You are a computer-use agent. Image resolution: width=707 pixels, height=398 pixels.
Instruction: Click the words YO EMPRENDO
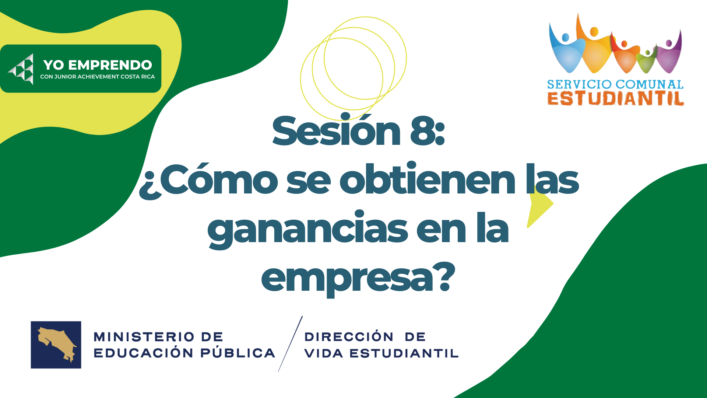pyautogui.click(x=98, y=65)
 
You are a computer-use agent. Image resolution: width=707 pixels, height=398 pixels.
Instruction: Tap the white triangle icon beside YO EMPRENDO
pyautogui.click(x=21, y=69)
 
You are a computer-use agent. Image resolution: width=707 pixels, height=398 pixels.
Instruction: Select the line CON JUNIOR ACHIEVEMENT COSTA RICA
pyautogui.click(x=98, y=77)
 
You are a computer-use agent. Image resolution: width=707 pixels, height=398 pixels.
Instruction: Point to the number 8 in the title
pyautogui.click(x=423, y=131)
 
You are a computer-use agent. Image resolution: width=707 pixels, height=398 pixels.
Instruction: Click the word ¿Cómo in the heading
pyautogui.click(x=208, y=179)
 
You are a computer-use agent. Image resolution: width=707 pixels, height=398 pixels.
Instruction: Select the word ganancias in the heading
pyautogui.click(x=307, y=228)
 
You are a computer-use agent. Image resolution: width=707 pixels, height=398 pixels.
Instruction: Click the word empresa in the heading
pyautogui.click(x=347, y=279)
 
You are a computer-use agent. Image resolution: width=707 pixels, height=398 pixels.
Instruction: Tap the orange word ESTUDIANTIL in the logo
pyautogui.click(x=616, y=98)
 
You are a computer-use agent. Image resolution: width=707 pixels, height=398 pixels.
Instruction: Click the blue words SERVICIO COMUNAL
pyautogui.click(x=615, y=84)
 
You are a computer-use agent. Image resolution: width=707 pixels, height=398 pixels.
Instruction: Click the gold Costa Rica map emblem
pyautogui.click(x=56, y=344)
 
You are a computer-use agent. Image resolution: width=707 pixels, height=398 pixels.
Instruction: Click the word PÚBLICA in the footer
pyautogui.click(x=238, y=353)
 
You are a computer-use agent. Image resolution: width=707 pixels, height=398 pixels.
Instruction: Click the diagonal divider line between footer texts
pyautogui.click(x=290, y=344)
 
